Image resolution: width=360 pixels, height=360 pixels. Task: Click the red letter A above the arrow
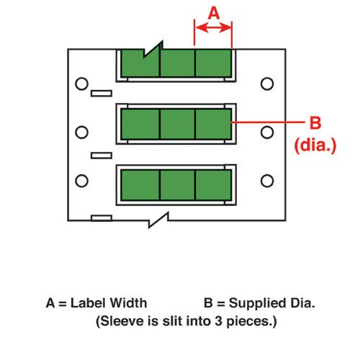214,13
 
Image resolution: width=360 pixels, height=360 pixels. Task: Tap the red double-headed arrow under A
213,27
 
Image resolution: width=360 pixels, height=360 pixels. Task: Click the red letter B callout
315,122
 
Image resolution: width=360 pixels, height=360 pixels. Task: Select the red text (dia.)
315,145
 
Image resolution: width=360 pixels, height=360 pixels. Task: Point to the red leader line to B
268,122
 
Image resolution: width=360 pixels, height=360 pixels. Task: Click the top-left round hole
81,84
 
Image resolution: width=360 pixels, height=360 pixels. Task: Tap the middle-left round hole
81,132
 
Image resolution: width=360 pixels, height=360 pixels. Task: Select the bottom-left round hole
81,181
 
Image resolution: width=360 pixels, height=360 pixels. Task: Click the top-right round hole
267,84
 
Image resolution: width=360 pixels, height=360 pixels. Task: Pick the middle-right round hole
267,132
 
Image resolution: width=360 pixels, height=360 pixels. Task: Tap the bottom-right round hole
267,181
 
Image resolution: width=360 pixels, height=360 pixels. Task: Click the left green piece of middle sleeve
140,124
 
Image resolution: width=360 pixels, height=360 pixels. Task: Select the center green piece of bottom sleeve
177,185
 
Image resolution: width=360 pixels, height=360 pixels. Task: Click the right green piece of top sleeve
213,63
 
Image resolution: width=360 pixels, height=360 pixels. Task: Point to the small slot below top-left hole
102,94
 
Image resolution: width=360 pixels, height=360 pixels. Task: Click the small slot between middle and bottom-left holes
102,156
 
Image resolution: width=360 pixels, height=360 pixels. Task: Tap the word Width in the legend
129,303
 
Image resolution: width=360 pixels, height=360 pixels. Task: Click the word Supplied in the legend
258,303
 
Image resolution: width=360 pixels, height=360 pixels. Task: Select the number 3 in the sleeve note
218,321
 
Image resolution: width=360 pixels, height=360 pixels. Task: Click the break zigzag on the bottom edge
158,220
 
